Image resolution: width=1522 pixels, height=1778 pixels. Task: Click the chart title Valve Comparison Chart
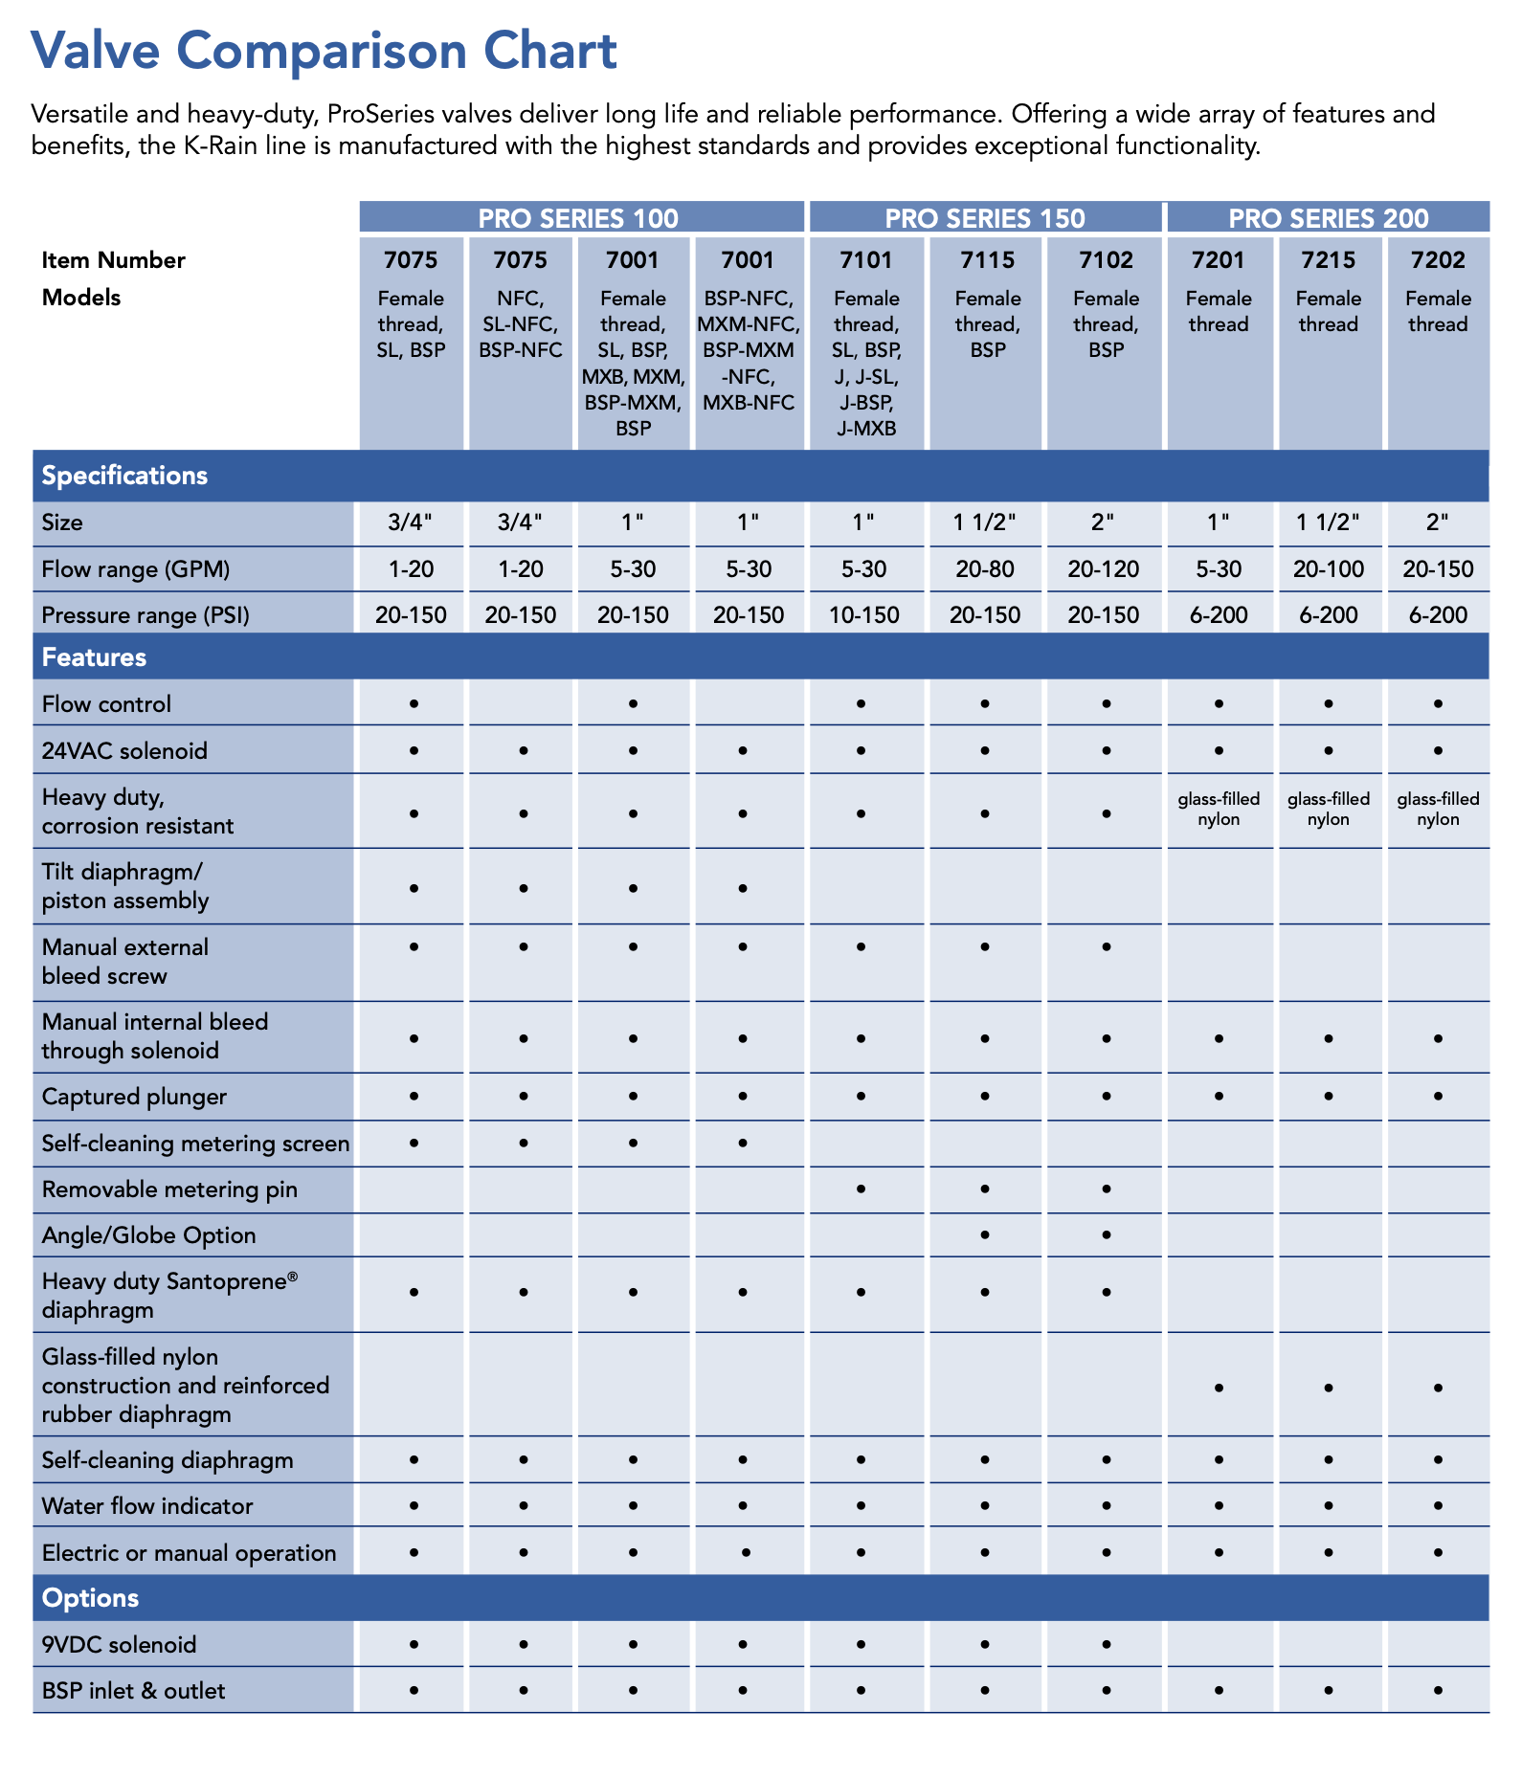(x=324, y=51)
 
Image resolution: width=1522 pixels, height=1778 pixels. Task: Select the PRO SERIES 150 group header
(x=984, y=218)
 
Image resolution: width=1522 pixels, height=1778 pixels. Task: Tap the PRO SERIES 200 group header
(x=1328, y=218)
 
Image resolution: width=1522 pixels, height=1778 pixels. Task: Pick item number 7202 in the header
(x=1438, y=260)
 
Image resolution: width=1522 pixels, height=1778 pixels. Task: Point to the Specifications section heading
(x=124, y=476)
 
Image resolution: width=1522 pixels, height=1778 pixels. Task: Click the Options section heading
(x=90, y=1598)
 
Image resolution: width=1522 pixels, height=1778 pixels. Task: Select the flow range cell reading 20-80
(x=985, y=569)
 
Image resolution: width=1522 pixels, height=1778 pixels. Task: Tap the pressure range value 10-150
(x=863, y=615)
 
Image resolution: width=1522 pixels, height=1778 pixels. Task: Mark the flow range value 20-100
(x=1328, y=569)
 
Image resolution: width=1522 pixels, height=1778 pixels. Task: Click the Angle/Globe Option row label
(x=149, y=1235)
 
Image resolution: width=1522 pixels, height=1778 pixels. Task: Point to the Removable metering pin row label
(x=169, y=1189)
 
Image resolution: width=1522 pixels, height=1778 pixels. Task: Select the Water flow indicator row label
(x=147, y=1506)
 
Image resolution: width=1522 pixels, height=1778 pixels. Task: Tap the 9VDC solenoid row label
(x=119, y=1645)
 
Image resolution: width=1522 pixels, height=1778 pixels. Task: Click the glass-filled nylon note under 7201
(x=1219, y=810)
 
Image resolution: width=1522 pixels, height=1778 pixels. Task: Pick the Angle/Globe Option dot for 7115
(x=985, y=1234)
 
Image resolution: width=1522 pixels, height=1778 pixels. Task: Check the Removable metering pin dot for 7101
(x=862, y=1189)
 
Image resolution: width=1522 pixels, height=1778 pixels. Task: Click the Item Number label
(x=113, y=260)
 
